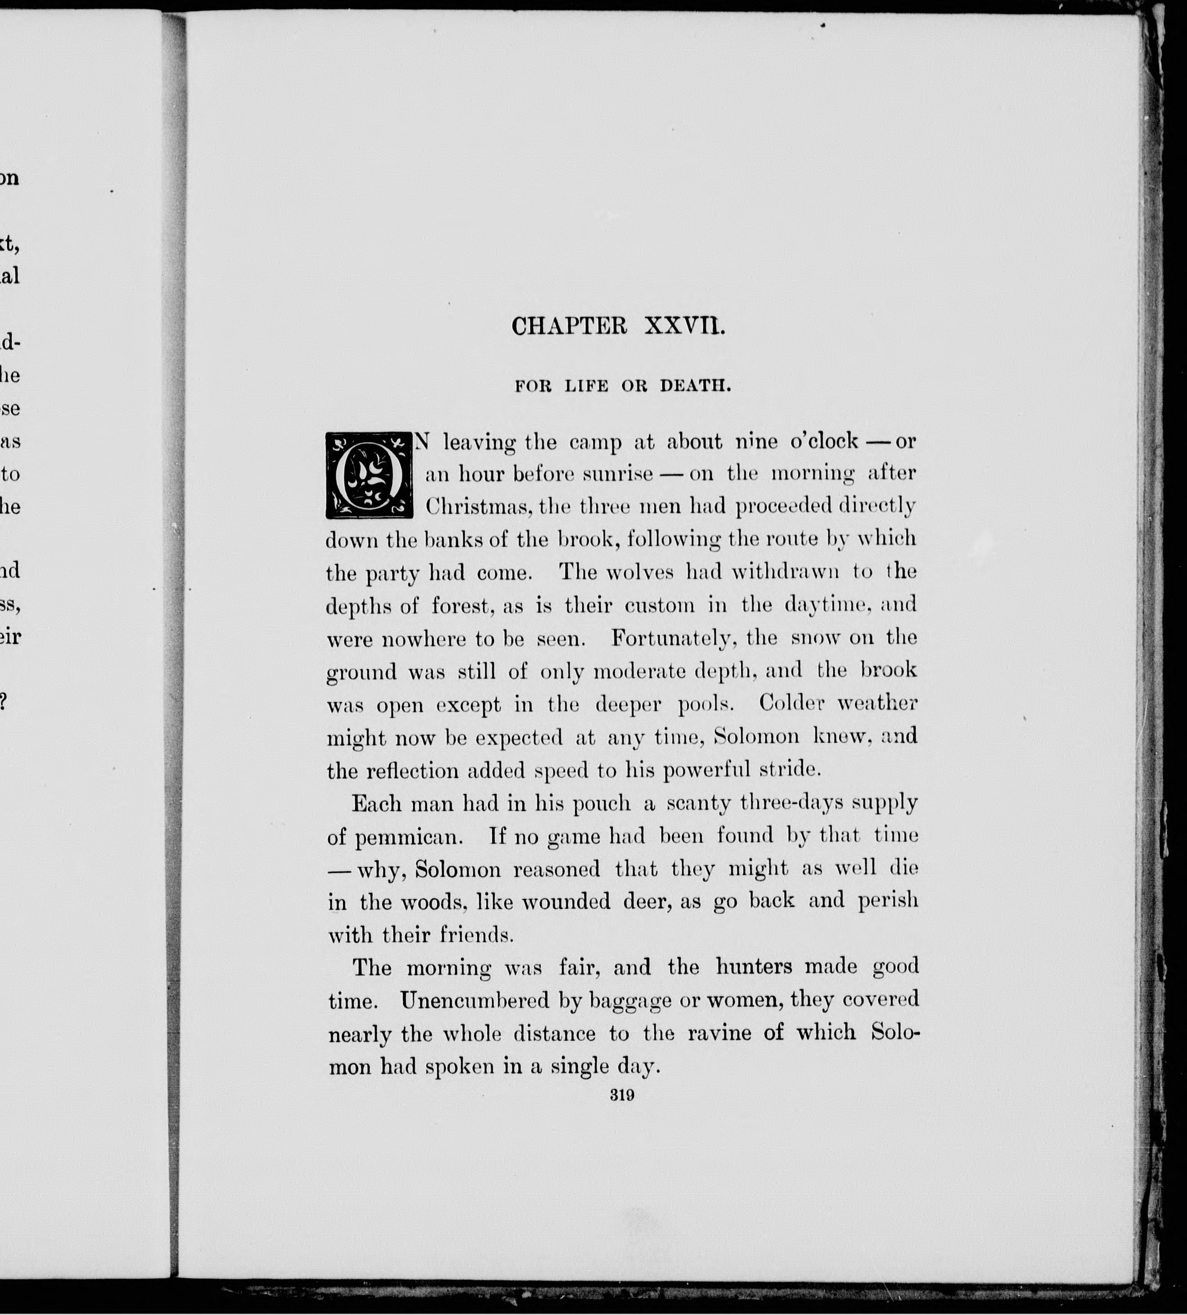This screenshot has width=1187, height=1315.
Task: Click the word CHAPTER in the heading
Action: (569, 326)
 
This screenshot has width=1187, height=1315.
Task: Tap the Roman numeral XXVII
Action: (684, 326)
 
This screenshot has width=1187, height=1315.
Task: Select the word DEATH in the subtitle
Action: (696, 385)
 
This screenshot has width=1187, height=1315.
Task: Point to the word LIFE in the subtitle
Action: (586, 385)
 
